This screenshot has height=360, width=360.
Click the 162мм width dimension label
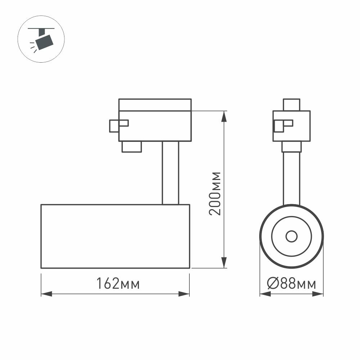pos(117,284)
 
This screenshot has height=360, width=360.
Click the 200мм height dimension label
pos(215,193)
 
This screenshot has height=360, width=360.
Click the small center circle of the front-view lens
pos(291,237)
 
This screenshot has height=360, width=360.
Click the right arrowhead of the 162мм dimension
pos(184,294)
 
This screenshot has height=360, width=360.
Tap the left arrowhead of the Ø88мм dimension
pos(265,294)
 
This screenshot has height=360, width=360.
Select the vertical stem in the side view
pos(170,173)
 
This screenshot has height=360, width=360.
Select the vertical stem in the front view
pos(291,178)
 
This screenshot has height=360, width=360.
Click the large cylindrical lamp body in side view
pos(115,237)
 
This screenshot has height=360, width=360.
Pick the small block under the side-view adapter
pos(131,147)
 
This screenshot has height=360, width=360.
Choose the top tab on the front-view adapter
pos(291,104)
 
